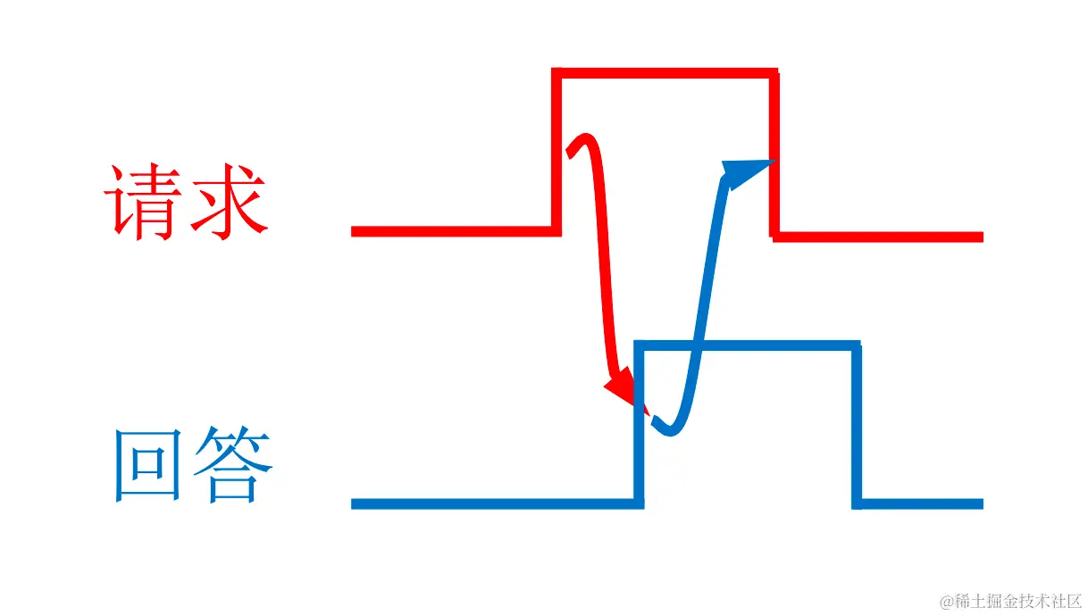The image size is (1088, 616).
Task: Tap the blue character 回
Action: click(x=146, y=465)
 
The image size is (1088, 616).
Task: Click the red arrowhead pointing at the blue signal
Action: click(x=622, y=391)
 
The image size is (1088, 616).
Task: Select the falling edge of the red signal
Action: click(x=774, y=152)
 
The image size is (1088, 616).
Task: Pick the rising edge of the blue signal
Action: click(x=639, y=424)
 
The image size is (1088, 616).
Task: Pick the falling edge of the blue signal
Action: click(x=857, y=424)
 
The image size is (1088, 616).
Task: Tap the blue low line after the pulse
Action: click(x=920, y=504)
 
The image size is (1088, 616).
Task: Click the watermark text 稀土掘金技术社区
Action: click(x=1019, y=601)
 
